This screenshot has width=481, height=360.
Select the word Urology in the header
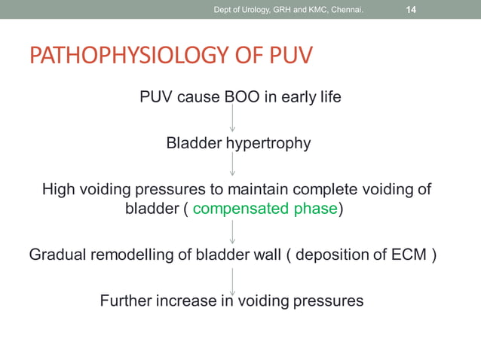[x=255, y=9]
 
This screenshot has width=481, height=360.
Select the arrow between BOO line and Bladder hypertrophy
[x=232, y=119]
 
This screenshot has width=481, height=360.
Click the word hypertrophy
[x=265, y=143]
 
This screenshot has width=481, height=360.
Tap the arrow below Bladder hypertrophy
[x=232, y=164]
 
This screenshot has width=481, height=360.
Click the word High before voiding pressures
[x=59, y=189]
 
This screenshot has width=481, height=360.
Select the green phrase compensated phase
[x=264, y=209]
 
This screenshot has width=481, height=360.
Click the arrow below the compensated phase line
[x=232, y=232]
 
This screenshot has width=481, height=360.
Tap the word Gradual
[x=57, y=255]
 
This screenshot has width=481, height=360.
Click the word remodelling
[x=130, y=255]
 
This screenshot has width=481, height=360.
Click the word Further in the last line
[x=127, y=301]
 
